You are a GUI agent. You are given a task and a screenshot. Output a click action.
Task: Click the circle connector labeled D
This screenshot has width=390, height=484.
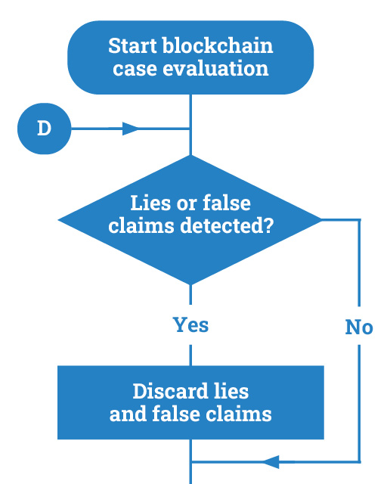(x=44, y=129)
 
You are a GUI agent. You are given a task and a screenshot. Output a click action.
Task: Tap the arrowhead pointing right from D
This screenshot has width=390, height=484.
(x=131, y=129)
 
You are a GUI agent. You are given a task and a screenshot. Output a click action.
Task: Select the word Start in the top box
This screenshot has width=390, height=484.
(x=132, y=45)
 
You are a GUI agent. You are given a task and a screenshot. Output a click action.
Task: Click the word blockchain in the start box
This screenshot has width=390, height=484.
(x=218, y=45)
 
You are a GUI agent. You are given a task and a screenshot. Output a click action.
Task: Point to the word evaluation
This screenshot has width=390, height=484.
(x=215, y=68)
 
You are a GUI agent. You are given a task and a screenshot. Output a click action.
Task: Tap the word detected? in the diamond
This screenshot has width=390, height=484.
(x=227, y=225)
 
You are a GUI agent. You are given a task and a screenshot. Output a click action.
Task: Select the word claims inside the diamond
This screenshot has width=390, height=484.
(x=141, y=225)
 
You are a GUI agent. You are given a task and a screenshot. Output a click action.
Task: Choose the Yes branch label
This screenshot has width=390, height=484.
(x=190, y=324)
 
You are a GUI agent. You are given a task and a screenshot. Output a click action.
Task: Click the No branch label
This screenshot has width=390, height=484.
(x=359, y=327)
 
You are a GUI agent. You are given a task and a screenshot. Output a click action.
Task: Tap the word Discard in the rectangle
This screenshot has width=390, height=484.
(x=170, y=391)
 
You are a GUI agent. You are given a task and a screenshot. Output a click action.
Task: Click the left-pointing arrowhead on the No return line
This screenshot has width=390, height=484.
(x=271, y=462)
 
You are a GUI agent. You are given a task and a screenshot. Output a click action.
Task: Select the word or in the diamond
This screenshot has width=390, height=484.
(x=187, y=204)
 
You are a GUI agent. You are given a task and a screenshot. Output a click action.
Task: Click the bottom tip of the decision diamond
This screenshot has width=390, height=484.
(x=190, y=284)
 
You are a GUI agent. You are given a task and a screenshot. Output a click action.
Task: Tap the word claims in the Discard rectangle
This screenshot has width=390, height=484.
(x=239, y=414)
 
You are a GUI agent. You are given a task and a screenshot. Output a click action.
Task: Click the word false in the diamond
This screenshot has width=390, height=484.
(x=227, y=203)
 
